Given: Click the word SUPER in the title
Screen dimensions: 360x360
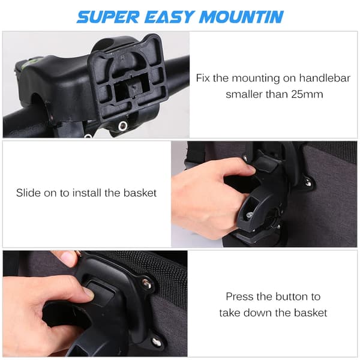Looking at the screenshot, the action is click(x=108, y=17).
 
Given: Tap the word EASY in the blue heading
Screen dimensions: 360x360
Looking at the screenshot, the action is click(x=169, y=17).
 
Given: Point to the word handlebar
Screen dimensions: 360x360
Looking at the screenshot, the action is click(x=325, y=78).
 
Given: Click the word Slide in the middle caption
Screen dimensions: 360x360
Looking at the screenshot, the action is click(x=28, y=193).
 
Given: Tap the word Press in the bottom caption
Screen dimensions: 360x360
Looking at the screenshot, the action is click(x=240, y=296).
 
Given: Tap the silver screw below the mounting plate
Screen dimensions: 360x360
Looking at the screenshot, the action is click(x=122, y=125).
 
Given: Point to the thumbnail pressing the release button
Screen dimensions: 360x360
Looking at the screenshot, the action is click(x=89, y=293).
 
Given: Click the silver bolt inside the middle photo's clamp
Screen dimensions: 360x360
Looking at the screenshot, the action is click(x=250, y=215).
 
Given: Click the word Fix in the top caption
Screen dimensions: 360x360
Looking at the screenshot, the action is click(x=203, y=78).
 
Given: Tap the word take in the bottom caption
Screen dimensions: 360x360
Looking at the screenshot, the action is click(x=230, y=313).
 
